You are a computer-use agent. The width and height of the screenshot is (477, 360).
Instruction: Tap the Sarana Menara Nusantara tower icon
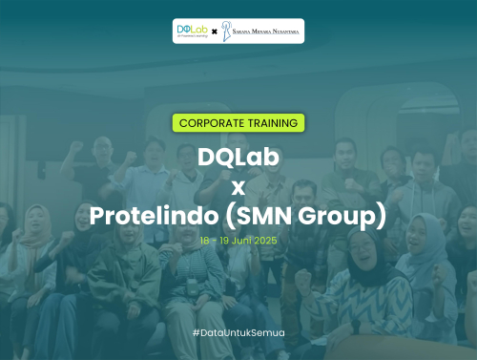227,31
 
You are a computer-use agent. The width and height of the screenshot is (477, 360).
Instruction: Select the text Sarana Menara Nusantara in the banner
266,31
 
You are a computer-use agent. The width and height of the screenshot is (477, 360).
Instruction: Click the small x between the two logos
214,32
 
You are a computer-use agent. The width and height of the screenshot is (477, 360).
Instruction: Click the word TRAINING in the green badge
270,123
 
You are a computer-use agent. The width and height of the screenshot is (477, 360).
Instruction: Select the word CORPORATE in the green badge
210,123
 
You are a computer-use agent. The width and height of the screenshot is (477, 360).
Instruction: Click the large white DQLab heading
238,156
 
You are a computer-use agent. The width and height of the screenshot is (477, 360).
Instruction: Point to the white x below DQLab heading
238,185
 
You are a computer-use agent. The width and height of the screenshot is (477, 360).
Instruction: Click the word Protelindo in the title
156,216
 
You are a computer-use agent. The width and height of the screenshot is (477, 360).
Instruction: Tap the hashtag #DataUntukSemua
238,332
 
